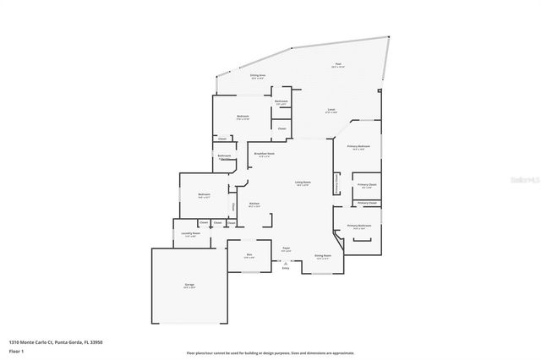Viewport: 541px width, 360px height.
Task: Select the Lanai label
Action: pyautogui.click(x=332, y=111)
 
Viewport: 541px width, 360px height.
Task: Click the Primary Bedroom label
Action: pyautogui.click(x=359, y=147)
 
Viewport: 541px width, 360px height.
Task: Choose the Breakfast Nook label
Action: pyautogui.click(x=265, y=154)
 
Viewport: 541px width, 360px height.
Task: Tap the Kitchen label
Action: pyautogui.click(x=254, y=204)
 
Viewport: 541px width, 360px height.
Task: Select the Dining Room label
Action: pyautogui.click(x=323, y=255)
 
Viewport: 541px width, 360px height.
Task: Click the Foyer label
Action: pyautogui.click(x=287, y=249)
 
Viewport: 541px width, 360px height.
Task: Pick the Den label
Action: pyautogui.click(x=250, y=255)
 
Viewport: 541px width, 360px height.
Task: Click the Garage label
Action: pyautogui.click(x=189, y=285)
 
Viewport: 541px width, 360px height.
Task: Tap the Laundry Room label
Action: pyautogui.click(x=191, y=235)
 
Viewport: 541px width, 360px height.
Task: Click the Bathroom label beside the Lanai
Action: pyautogui.click(x=281, y=102)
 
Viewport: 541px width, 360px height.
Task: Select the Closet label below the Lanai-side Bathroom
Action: pyautogui.click(x=281, y=128)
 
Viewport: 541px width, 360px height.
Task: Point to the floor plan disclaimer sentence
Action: pyautogui.click(x=270, y=352)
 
